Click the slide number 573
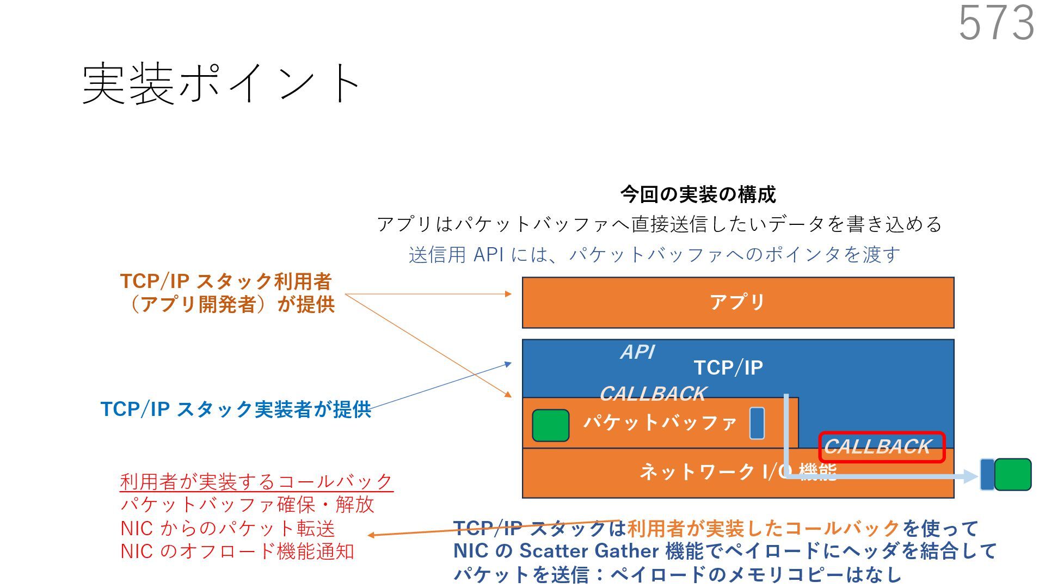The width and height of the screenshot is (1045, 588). coord(996,23)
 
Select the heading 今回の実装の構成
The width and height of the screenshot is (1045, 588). coord(698,194)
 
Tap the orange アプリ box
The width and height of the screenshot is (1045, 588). coord(737,302)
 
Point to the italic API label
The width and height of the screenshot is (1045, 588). coord(637,352)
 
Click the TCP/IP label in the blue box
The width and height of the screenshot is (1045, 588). coord(728,368)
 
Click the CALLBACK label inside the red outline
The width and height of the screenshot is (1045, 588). coord(877,447)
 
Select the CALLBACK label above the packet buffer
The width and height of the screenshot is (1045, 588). coord(653,394)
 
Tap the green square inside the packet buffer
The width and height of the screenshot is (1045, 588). coord(550,425)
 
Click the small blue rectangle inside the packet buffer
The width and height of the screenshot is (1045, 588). coord(757,423)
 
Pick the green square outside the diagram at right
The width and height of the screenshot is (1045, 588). coord(1012,475)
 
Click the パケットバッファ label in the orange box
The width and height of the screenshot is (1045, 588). coord(660,422)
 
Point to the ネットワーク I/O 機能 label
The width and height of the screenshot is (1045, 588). coord(737,471)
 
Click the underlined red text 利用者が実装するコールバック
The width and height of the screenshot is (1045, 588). coord(256,481)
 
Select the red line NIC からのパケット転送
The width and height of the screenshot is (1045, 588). coord(228,529)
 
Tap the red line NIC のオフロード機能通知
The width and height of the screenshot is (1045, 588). coord(237,552)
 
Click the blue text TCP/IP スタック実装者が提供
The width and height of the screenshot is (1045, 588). coord(236,409)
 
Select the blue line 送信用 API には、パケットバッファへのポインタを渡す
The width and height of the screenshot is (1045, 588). coord(654,255)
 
